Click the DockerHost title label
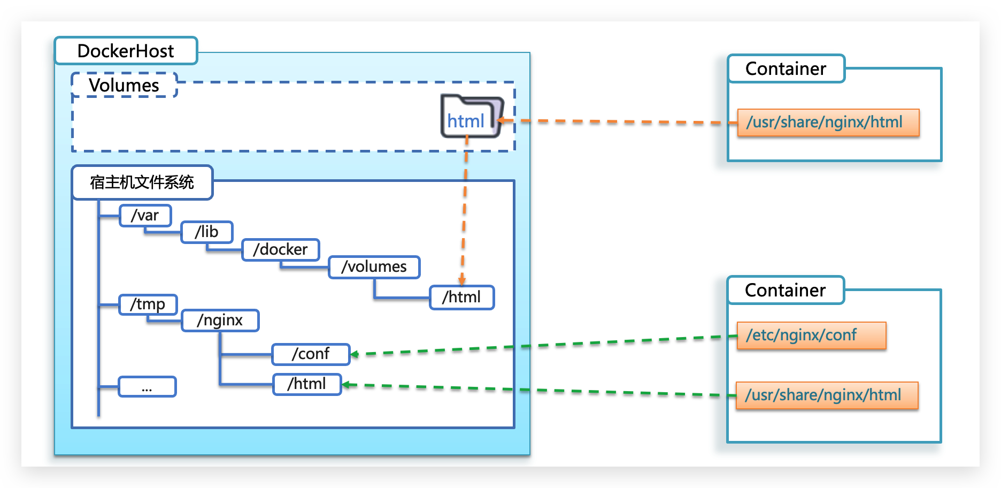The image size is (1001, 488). pyautogui.click(x=126, y=51)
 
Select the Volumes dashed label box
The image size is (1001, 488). pyautogui.click(x=124, y=85)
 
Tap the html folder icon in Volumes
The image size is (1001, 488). pyautogui.click(x=471, y=117)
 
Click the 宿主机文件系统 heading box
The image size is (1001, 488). pyautogui.click(x=142, y=182)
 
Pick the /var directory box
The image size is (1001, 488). pyautogui.click(x=145, y=215)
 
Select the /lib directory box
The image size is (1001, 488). pyautogui.click(x=206, y=232)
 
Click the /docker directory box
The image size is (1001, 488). pyautogui.click(x=280, y=249)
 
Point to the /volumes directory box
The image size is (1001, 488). pyautogui.click(x=374, y=266)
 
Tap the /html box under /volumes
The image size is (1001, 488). pyautogui.click(x=461, y=297)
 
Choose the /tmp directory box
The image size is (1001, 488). pyautogui.click(x=148, y=304)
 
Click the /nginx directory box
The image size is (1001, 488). pyautogui.click(x=220, y=320)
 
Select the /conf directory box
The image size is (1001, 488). pyautogui.click(x=311, y=354)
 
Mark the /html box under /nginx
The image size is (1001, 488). pyautogui.click(x=307, y=384)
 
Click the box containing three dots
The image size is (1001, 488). pyautogui.click(x=147, y=386)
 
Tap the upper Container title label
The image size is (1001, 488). pyautogui.click(x=786, y=68)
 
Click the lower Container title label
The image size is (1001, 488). pyautogui.click(x=785, y=290)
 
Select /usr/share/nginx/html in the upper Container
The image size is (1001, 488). pyautogui.click(x=828, y=123)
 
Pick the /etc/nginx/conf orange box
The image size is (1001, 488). pyautogui.click(x=811, y=335)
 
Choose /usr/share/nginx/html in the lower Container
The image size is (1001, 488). pyautogui.click(x=826, y=395)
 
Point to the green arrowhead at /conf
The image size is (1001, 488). pyautogui.click(x=354, y=354)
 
